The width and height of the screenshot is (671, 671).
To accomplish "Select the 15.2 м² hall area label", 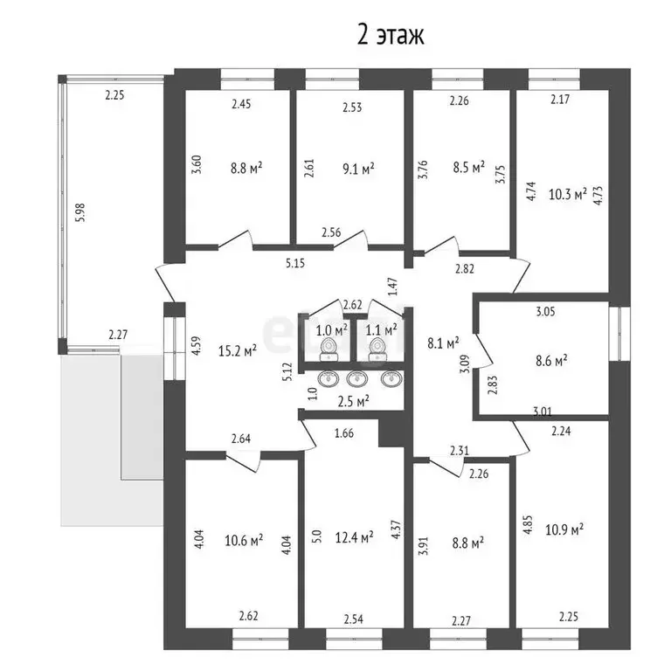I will (x=237, y=351).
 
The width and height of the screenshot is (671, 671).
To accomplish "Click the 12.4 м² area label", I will (x=356, y=536).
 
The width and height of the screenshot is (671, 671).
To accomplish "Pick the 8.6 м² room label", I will (x=550, y=359).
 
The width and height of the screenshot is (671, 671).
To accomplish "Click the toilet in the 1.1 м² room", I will (x=377, y=349).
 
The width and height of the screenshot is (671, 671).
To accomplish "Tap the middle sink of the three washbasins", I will (x=356, y=379).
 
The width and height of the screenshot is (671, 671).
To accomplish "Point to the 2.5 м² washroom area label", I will (x=353, y=401).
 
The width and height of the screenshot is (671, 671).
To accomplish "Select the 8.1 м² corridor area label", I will (x=442, y=344).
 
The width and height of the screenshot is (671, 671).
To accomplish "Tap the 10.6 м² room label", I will (x=245, y=542).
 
